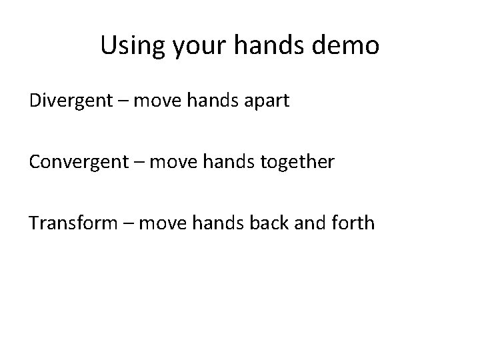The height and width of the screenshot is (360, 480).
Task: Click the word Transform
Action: [73, 222]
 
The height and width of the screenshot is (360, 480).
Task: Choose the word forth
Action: [352, 222]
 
